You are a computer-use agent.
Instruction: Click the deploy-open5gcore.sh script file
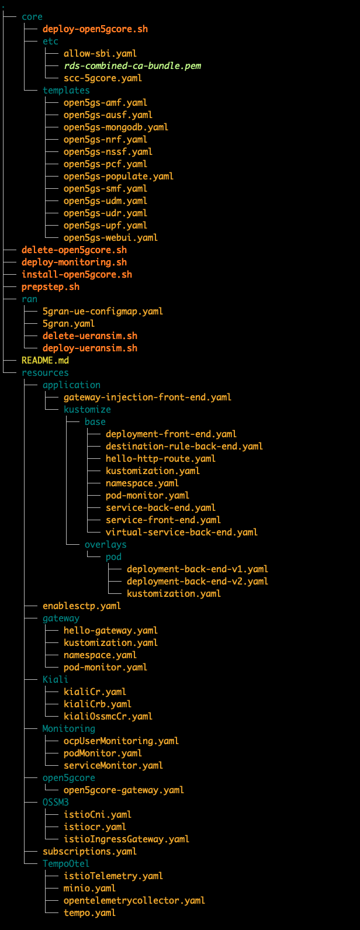click(x=91, y=29)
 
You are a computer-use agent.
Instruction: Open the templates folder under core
click(x=66, y=91)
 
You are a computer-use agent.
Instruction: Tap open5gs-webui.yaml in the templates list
click(x=110, y=238)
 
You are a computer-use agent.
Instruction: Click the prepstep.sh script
click(x=50, y=287)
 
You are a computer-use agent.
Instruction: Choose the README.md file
click(x=45, y=361)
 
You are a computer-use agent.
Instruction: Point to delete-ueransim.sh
click(x=89, y=336)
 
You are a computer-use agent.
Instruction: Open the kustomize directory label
click(x=87, y=410)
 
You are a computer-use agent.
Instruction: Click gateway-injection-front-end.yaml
click(x=147, y=397)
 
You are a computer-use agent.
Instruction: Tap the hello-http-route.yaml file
click(x=160, y=459)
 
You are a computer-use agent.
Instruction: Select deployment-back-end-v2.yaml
click(x=197, y=581)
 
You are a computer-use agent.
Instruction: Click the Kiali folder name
click(x=55, y=679)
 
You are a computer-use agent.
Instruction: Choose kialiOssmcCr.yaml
click(x=108, y=716)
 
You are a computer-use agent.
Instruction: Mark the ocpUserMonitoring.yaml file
click(x=121, y=741)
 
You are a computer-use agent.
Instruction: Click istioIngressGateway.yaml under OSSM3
click(x=126, y=839)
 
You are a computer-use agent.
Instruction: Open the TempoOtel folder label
click(x=65, y=863)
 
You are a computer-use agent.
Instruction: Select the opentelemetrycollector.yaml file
click(x=134, y=900)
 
